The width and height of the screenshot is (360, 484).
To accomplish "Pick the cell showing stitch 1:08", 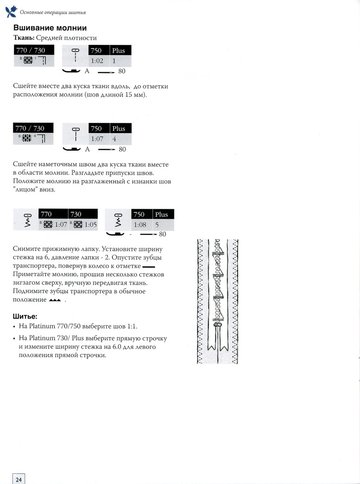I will coord(140,225).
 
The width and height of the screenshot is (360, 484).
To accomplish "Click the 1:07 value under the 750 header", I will coord(97,139).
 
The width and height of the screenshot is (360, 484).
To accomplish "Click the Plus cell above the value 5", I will coord(161,215).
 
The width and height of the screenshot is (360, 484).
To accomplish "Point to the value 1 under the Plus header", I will coord(114,61).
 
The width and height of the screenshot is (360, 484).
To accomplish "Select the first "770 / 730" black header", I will coord(34,51).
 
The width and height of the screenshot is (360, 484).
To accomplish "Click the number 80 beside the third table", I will coord(162,234).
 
